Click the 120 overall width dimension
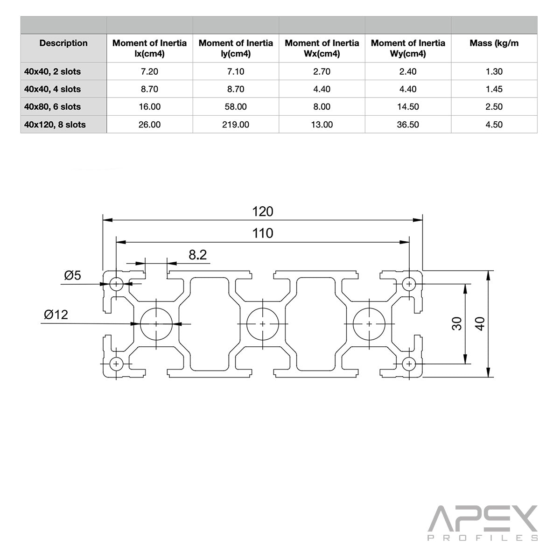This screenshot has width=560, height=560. pyautogui.click(x=262, y=211)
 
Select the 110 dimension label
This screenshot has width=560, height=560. pyautogui.click(x=262, y=233)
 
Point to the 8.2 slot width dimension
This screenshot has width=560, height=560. pyautogui.click(x=197, y=255)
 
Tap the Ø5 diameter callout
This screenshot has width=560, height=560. pyautogui.click(x=72, y=275)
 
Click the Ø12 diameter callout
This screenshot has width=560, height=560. pyautogui.click(x=56, y=315)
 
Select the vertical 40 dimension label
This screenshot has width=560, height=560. pyautogui.click(x=480, y=323)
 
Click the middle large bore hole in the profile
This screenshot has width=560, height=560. pyautogui.click(x=263, y=323)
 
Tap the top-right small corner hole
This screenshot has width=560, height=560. pyautogui.click(x=409, y=283)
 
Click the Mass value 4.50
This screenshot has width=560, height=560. pyautogui.click(x=494, y=125)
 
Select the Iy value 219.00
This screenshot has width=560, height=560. pyautogui.click(x=236, y=125)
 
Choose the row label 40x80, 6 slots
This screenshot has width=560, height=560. pyautogui.click(x=53, y=107)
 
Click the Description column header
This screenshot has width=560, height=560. pyautogui.click(x=63, y=43)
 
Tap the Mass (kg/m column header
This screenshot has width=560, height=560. pyautogui.click(x=494, y=43)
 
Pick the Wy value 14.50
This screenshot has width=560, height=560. pyautogui.click(x=407, y=107)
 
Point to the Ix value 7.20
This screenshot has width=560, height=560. pyautogui.click(x=149, y=72)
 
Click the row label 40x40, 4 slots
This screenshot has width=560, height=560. pyautogui.click(x=53, y=89)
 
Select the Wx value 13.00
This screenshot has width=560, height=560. pyautogui.click(x=322, y=125)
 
